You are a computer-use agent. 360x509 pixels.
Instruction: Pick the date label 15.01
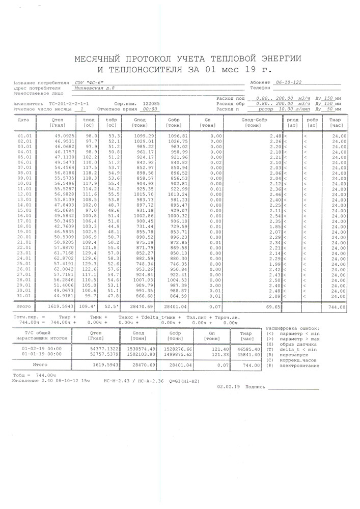point(24,211)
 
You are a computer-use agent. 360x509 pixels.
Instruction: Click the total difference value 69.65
point(273,307)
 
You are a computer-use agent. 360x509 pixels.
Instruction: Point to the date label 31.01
point(24,296)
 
